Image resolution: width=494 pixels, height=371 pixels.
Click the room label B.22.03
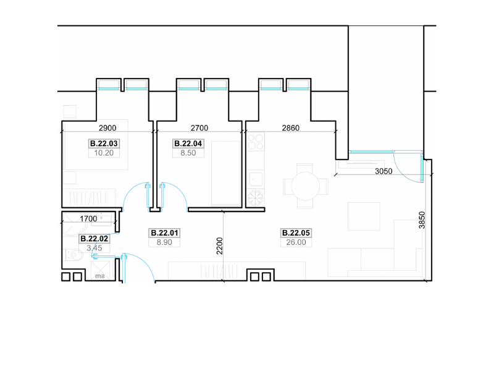tap(104, 143)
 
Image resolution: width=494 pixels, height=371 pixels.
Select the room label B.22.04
tap(188, 143)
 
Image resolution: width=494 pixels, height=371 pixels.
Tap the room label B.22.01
tap(164, 233)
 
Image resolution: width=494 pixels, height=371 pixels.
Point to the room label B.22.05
tap(296, 233)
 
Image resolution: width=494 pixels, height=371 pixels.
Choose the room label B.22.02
tap(94, 239)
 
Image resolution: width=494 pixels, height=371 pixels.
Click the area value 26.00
tap(296, 242)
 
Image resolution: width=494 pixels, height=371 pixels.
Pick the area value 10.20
tap(104, 153)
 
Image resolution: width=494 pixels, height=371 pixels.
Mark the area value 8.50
tap(188, 153)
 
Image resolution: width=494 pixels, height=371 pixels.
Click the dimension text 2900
tap(107, 128)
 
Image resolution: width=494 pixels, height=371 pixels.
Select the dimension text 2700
tap(199, 128)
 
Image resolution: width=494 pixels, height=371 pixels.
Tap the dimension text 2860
tap(290, 128)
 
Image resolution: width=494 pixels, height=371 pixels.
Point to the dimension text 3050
tap(383, 171)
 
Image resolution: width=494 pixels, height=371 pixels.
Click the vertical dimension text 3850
tap(422, 220)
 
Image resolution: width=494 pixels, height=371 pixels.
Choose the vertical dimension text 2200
tap(220, 245)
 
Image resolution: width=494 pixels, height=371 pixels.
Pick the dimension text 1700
tap(88, 219)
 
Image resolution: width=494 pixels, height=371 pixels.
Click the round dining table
tap(305, 186)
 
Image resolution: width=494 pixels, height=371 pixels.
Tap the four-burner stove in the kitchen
tap(256, 142)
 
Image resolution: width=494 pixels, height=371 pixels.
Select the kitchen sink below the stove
tap(256, 179)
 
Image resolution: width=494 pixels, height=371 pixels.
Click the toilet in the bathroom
tap(75, 254)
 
